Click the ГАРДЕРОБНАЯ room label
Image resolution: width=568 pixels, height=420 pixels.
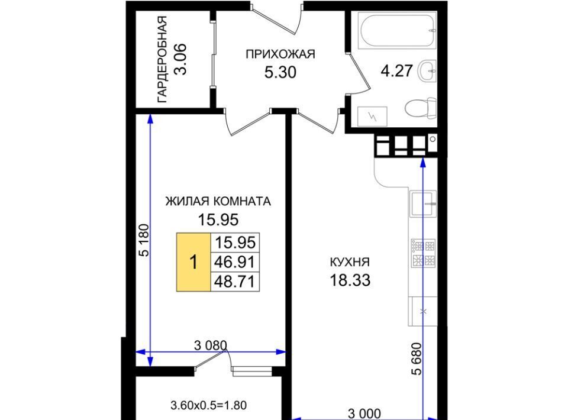(x=162, y=59)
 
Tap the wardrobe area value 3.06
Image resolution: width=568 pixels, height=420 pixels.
(x=180, y=59)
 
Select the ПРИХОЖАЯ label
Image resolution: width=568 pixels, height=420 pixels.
(x=280, y=54)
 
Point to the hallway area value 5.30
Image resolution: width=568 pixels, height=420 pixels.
(x=280, y=72)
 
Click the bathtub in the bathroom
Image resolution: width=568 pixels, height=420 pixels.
(x=398, y=30)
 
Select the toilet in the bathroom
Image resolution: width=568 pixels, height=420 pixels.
(x=421, y=108)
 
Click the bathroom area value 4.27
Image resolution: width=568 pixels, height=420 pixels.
(x=396, y=70)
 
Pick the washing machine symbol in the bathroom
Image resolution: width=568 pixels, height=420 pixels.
(x=372, y=116)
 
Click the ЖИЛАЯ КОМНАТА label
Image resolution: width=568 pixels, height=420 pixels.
(x=218, y=201)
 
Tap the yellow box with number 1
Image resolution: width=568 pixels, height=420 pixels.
(x=193, y=262)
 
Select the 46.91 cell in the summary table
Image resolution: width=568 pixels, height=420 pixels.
(x=235, y=262)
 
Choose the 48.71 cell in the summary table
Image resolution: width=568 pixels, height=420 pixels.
(x=235, y=282)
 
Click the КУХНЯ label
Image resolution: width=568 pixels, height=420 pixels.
(x=350, y=262)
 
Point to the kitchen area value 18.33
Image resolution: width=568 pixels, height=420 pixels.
(x=350, y=280)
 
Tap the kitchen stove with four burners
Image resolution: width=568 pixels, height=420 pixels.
(x=423, y=253)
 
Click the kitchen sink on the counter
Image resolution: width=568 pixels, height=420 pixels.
(x=422, y=203)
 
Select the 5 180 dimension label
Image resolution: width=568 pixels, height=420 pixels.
(x=144, y=240)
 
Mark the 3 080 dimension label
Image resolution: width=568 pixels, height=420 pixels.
(x=211, y=345)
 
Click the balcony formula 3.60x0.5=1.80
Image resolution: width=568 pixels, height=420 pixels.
(x=209, y=405)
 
